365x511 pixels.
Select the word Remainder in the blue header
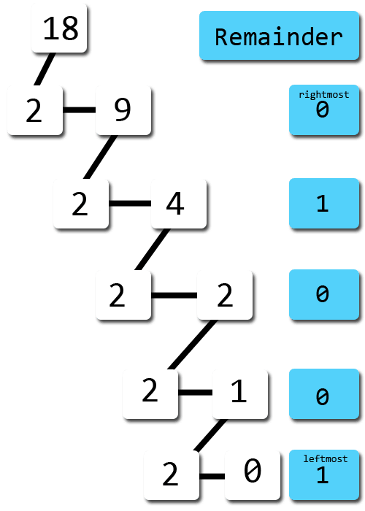[x=278, y=36]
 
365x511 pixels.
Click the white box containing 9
[x=123, y=110]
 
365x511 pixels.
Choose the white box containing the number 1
[x=239, y=393]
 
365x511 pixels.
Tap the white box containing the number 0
[x=252, y=474]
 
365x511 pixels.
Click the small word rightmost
[x=323, y=94]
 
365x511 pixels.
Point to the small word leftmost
[x=323, y=459]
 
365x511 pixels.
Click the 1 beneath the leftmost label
[x=323, y=477]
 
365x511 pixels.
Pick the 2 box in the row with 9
[x=34, y=110]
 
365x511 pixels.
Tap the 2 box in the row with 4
[x=80, y=204]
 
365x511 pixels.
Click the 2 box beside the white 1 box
[x=150, y=393]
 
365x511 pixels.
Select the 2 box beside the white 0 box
[x=171, y=474]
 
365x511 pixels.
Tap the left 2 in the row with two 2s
[x=123, y=295]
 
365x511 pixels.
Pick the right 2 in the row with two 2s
[x=225, y=295]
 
